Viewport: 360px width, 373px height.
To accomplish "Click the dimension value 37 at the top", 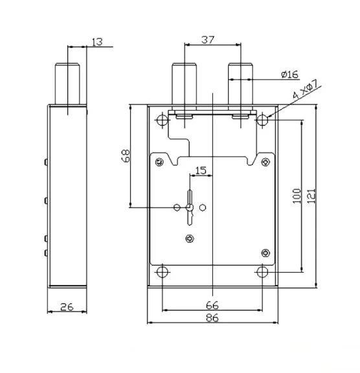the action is click(208, 40).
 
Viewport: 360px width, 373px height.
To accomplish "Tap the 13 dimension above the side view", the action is click(97, 42).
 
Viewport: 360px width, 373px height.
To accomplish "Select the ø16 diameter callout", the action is click(289, 74).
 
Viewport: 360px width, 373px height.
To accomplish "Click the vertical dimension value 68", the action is click(126, 155).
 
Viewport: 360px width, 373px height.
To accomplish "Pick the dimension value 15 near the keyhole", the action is click(201, 170).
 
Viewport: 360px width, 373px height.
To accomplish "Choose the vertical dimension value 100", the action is click(297, 196).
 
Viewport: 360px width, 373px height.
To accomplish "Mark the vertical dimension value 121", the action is click(311, 196).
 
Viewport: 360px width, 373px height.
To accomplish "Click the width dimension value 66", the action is click(212, 305).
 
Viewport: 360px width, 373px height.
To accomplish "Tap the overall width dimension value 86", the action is click(212, 317).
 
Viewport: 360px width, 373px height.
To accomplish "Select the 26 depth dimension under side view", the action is click(67, 307).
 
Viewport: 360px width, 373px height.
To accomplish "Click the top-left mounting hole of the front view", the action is click(163, 120).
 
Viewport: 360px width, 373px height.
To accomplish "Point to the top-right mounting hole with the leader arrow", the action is click(262, 120).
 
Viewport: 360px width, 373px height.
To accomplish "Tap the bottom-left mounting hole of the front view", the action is click(163, 272).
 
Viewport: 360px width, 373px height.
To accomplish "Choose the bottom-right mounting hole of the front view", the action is click(262, 272).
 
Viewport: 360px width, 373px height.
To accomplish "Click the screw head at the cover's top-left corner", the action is click(159, 163).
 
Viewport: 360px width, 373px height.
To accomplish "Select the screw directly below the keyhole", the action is click(190, 238).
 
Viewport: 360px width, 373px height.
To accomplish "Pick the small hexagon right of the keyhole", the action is click(203, 207).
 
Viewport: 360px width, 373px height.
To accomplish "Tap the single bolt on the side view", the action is click(67, 84).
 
